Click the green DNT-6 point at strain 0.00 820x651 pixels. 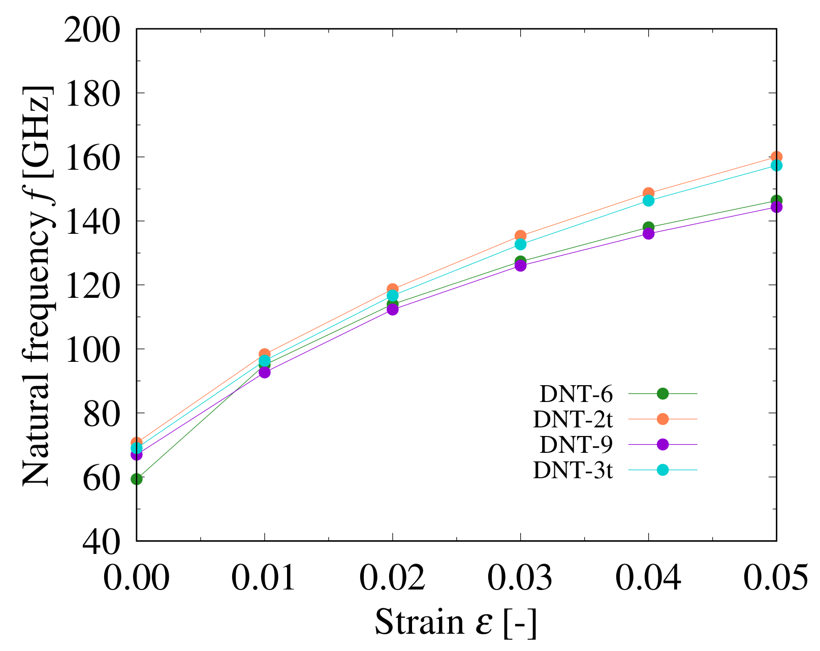[x=136, y=479]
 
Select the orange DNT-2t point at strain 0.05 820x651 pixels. [x=776, y=157]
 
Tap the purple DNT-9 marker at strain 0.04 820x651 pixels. [x=648, y=234]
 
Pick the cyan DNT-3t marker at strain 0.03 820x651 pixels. [x=520, y=244]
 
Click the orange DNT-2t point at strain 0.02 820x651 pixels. [x=392, y=289]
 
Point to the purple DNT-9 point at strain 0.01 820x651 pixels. [x=264, y=372]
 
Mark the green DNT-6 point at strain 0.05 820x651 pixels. [x=776, y=201]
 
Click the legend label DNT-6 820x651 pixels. [x=576, y=394]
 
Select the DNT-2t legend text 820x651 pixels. [x=573, y=420]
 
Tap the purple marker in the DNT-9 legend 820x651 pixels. [x=663, y=445]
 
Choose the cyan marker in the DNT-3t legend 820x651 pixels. [x=663, y=470]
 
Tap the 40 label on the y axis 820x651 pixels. [x=102, y=542]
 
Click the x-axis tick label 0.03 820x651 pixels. [x=520, y=577]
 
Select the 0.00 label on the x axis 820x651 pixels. [x=136, y=577]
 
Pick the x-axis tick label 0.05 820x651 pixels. [x=775, y=577]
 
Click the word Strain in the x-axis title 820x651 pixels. [x=419, y=622]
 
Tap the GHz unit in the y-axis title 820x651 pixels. [x=37, y=125]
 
